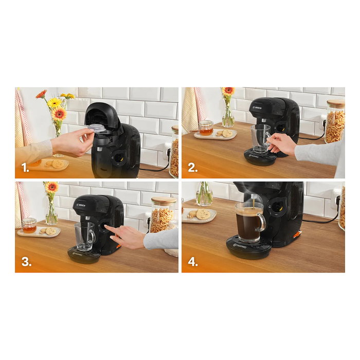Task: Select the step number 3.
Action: pyautogui.click(x=25, y=262)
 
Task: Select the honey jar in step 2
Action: pyautogui.click(x=206, y=128)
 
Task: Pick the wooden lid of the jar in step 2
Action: pyautogui.click(x=335, y=103)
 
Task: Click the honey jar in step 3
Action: pyautogui.click(x=29, y=225)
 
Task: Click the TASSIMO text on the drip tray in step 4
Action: pyautogui.click(x=242, y=245)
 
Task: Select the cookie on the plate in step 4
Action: pyautogui.click(x=203, y=214)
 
